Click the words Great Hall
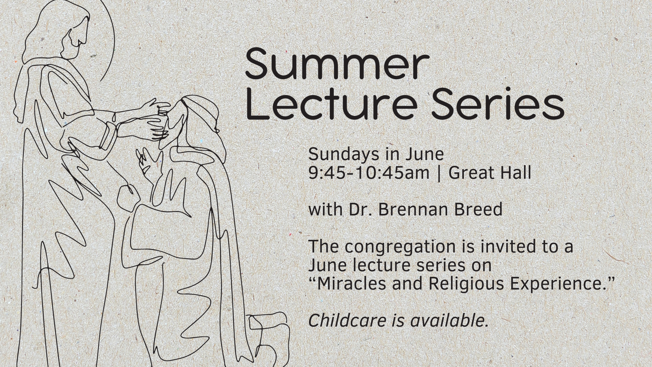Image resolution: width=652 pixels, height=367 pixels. [x=490, y=173]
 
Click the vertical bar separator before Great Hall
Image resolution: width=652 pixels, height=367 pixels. [x=439, y=173]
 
